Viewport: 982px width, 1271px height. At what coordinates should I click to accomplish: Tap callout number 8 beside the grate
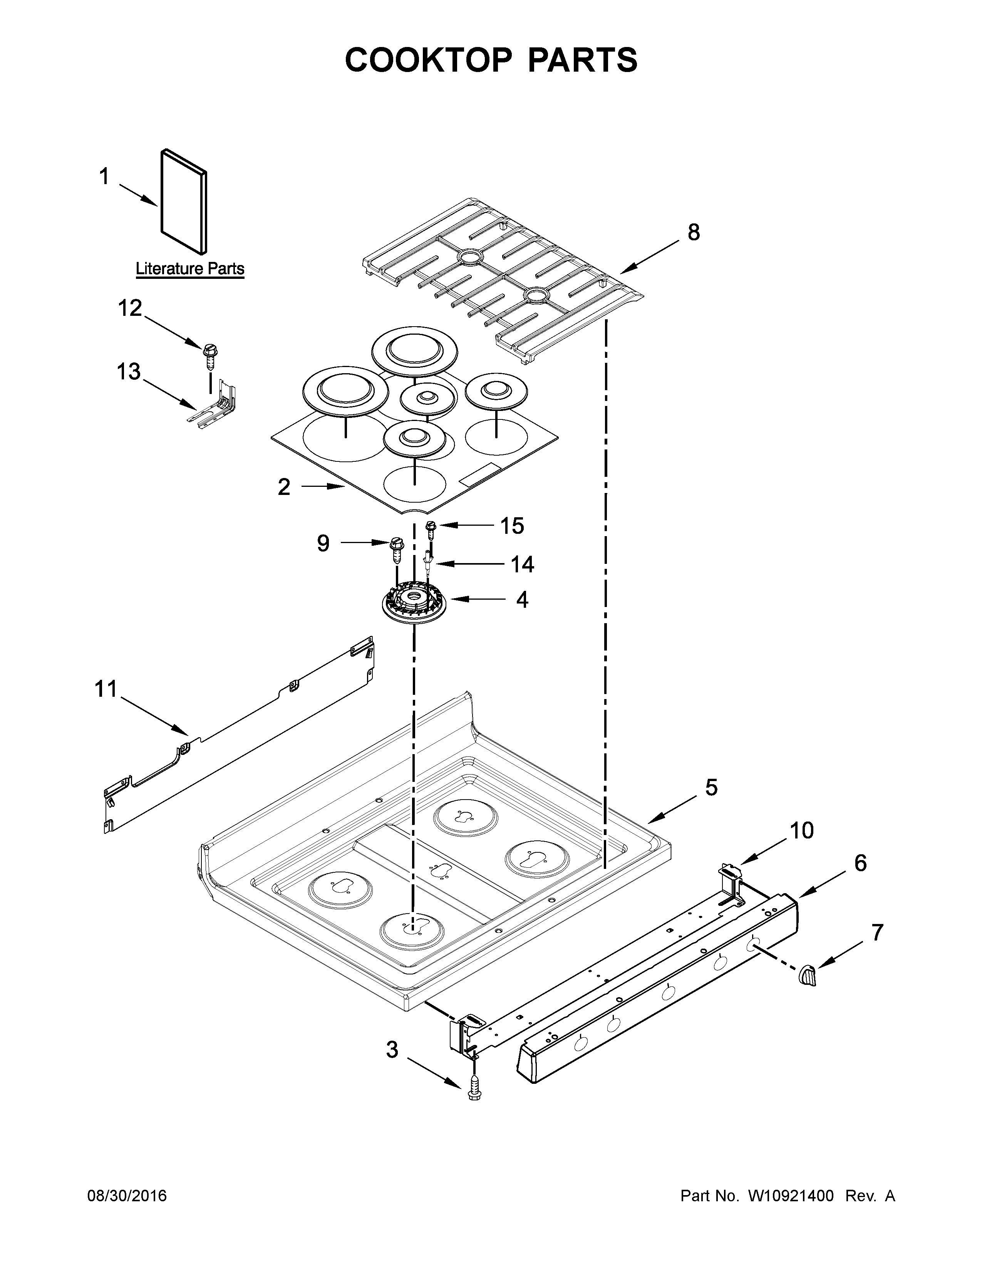[694, 232]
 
